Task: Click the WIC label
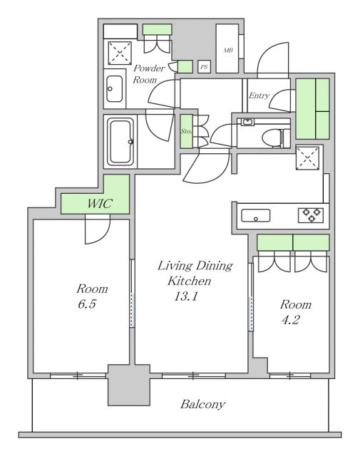coord(100,203)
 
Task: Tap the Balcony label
coord(203,404)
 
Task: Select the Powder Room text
coord(149,74)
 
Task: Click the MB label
coord(228,50)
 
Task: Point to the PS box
coord(204,67)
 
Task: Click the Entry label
coord(259,95)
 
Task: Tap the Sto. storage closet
coord(186,131)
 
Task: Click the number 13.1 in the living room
coord(186,296)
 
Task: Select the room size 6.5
coord(87,304)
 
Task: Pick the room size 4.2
coord(291,320)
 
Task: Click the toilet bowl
coord(272,138)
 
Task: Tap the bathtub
coord(120,142)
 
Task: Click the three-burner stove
coord(311,215)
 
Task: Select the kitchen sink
coord(255,215)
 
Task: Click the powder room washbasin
coord(114,88)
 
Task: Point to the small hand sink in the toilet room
coord(247,122)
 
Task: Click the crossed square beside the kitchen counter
coord(308,158)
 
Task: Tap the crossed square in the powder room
coord(120,53)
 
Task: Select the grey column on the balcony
coord(128,385)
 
